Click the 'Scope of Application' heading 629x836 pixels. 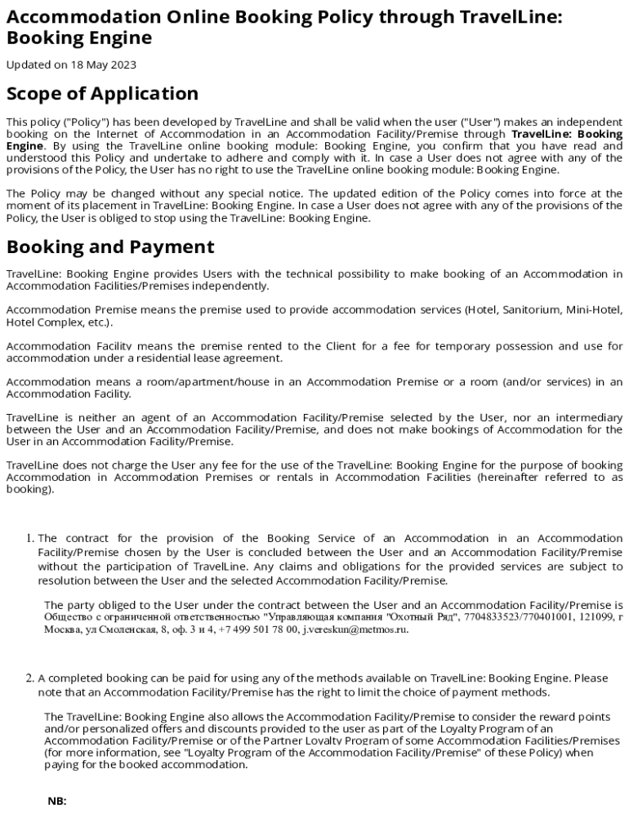click(x=102, y=94)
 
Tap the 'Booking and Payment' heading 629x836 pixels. click(x=110, y=247)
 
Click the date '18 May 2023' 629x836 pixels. click(x=105, y=64)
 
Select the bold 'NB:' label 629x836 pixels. click(x=57, y=801)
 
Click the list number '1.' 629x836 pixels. click(x=30, y=538)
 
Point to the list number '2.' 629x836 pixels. click(x=30, y=678)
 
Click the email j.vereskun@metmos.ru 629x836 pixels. click(x=355, y=629)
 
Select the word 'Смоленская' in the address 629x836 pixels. click(x=121, y=629)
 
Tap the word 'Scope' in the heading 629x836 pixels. click(x=37, y=94)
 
